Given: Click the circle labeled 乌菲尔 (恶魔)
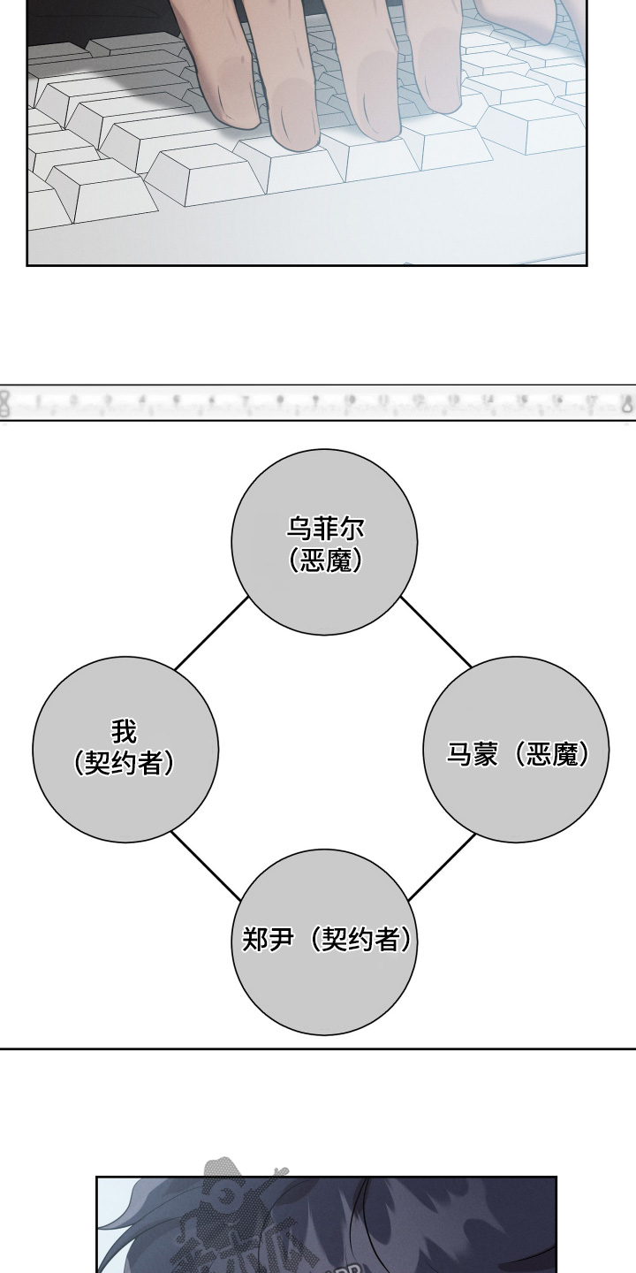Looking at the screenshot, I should tap(324, 542).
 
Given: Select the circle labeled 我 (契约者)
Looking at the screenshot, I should tap(125, 750).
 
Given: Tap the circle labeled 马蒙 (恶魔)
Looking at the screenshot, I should tap(516, 750).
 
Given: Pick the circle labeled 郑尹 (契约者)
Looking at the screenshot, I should tap(324, 941).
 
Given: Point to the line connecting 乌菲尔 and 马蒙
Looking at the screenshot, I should tap(436, 631).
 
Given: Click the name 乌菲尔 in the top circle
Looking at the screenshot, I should tap(325, 529).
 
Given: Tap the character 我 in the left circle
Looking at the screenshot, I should tap(125, 732).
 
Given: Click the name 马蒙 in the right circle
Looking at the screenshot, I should tap(472, 754).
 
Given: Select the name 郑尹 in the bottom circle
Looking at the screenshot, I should tap(267, 939).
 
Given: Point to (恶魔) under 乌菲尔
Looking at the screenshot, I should tap(325, 560).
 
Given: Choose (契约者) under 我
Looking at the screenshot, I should tap(125, 763).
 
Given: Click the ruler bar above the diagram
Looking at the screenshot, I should tap(318, 403).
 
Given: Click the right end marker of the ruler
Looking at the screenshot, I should tap(627, 403).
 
